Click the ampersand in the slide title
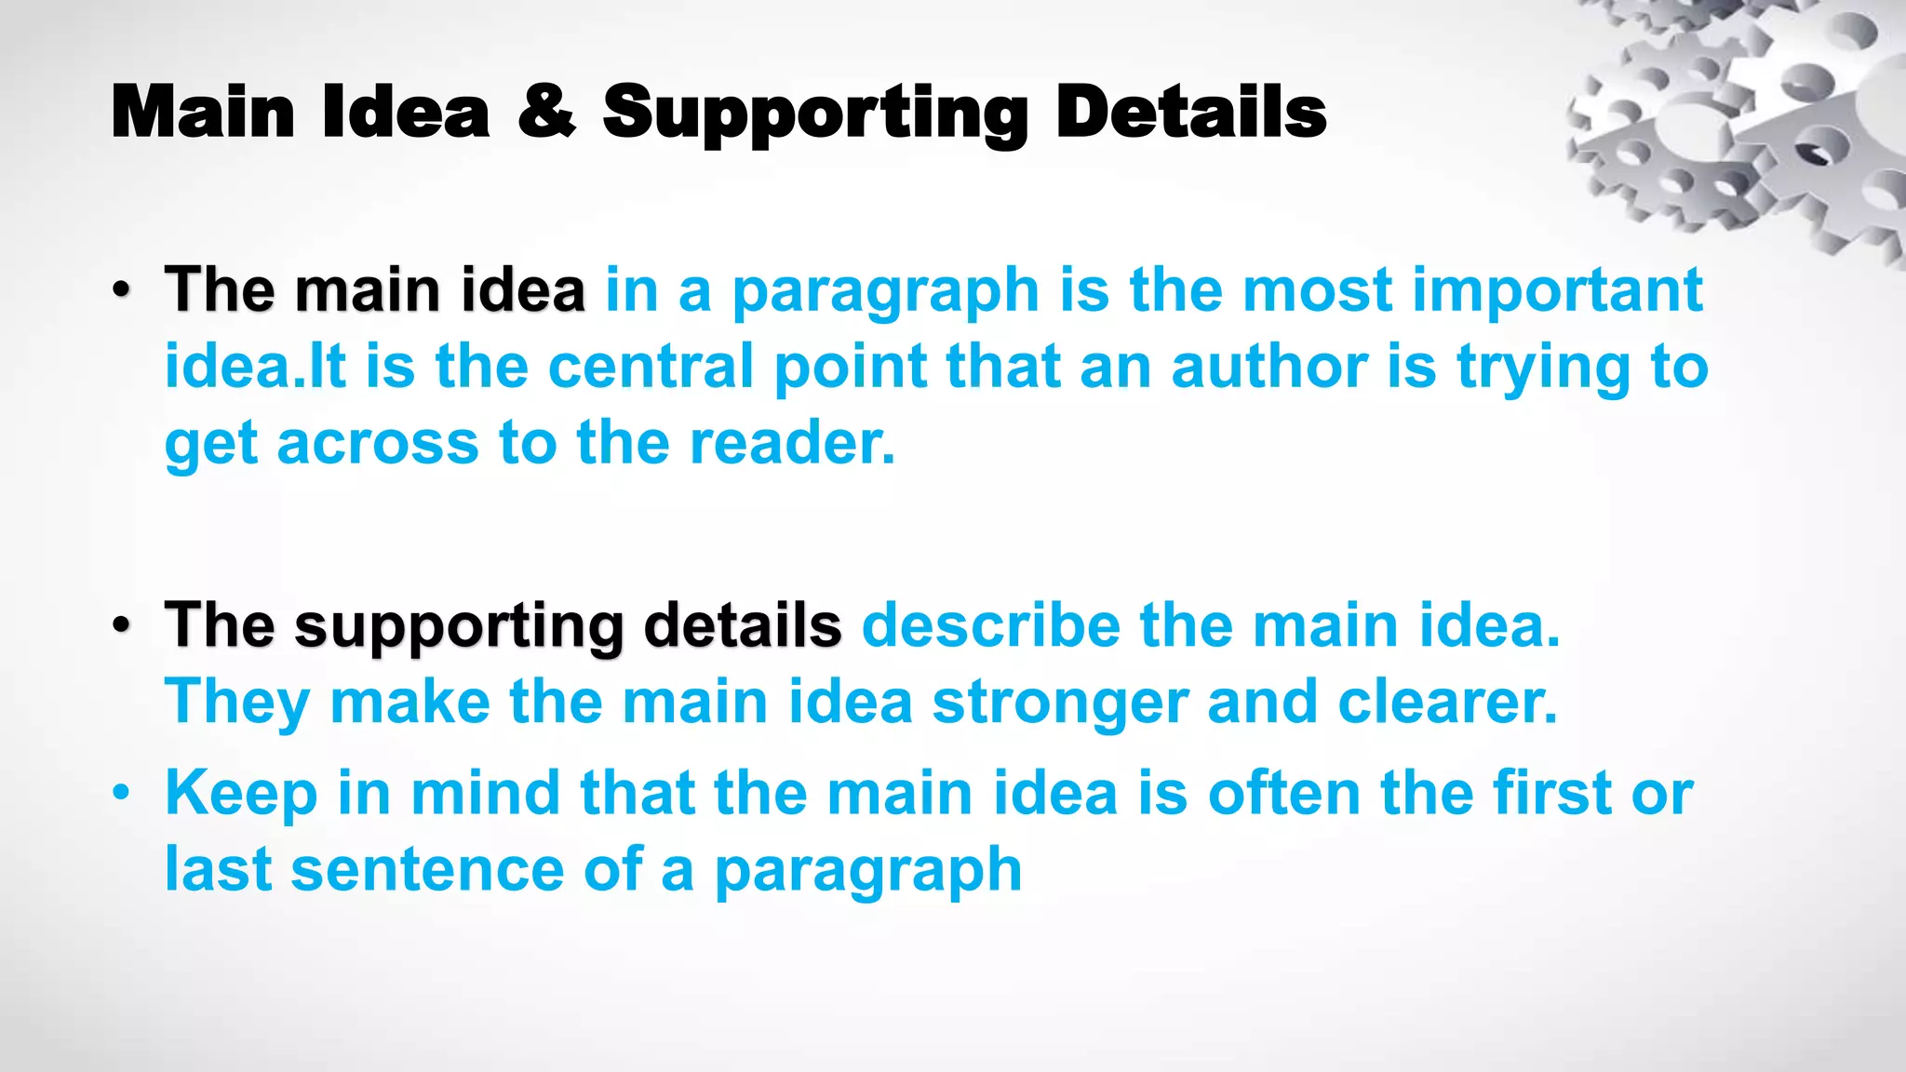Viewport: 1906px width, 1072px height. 546,112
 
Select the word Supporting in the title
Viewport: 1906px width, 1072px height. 814,114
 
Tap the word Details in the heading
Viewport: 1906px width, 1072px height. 1190,112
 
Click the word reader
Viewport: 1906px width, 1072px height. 791,442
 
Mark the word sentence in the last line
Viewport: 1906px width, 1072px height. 427,869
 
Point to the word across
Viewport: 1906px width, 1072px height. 377,442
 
